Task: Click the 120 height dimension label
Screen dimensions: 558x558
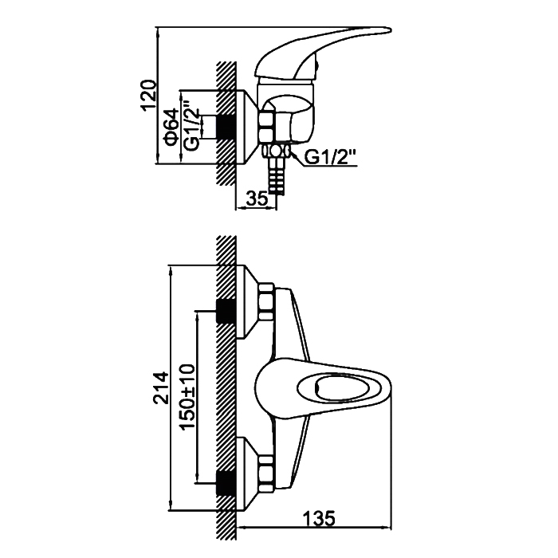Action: (x=150, y=96)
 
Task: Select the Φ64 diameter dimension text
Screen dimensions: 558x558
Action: (x=171, y=127)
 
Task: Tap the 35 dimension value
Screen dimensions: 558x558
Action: (x=257, y=198)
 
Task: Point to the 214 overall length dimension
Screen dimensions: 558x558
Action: (x=160, y=388)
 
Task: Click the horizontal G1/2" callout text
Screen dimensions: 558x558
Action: (x=331, y=157)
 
